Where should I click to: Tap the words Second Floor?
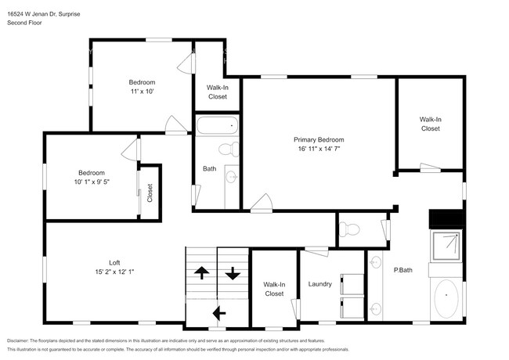click(x=24, y=23)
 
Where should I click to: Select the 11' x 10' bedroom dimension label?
click(x=142, y=92)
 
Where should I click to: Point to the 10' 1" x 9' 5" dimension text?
click(x=92, y=182)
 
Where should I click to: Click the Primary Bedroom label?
click(x=319, y=139)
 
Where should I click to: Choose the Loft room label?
click(x=114, y=262)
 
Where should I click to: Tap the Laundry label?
click(x=321, y=284)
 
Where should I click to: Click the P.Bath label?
click(x=403, y=270)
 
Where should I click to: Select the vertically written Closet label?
click(x=150, y=193)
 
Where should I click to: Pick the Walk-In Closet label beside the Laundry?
click(x=273, y=289)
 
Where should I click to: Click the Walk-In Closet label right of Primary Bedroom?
click(x=430, y=124)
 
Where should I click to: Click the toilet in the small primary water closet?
click(x=351, y=229)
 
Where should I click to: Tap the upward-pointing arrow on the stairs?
click(x=200, y=273)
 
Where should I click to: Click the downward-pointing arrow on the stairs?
click(x=233, y=273)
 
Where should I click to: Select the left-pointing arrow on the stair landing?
click(x=218, y=313)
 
